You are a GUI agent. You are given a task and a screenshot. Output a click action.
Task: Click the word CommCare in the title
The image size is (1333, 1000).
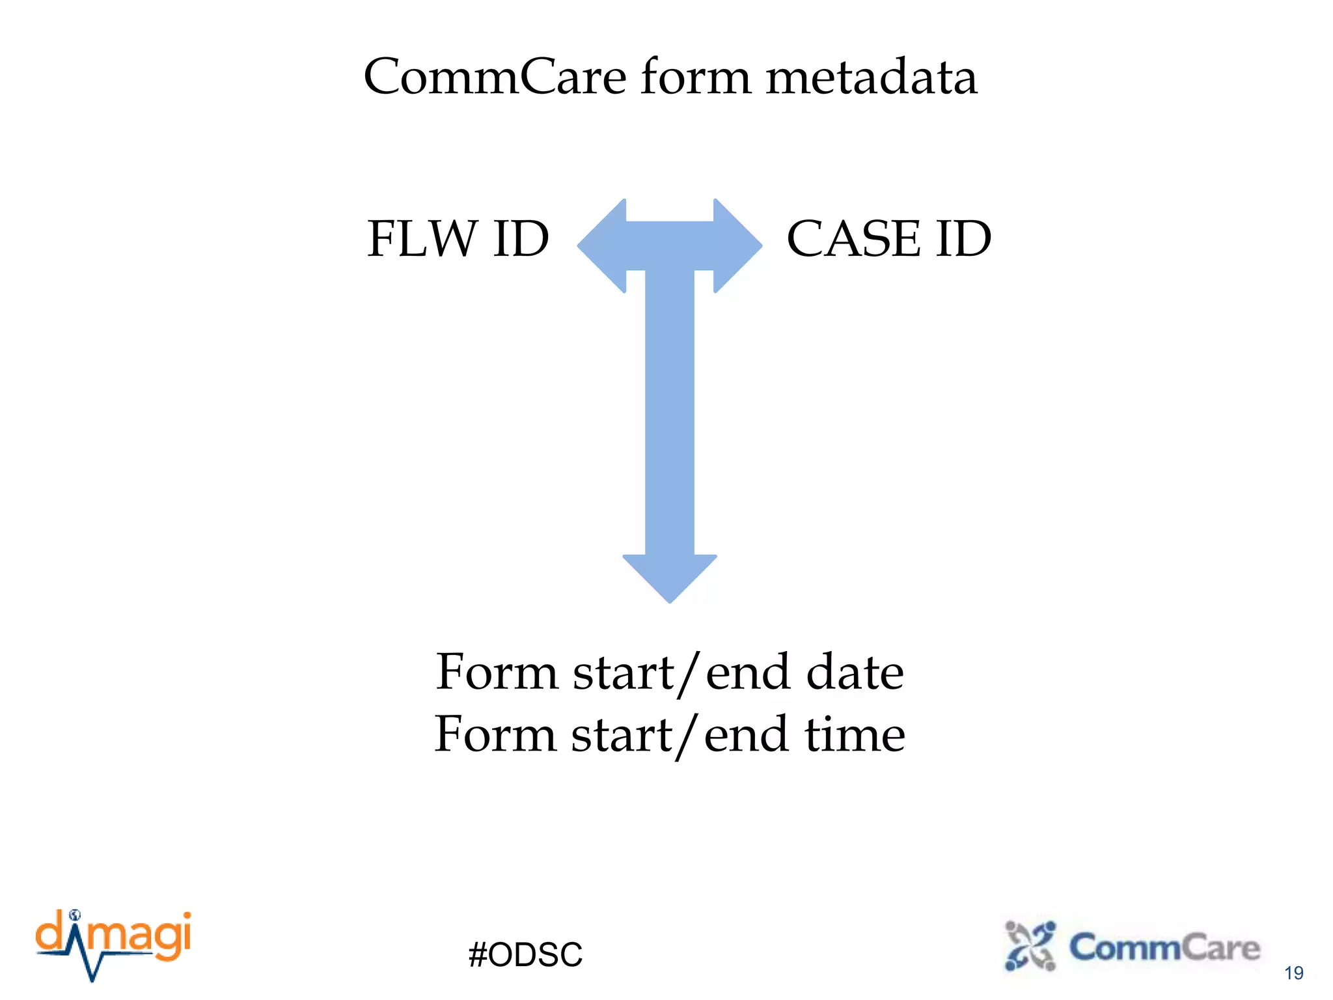(495, 77)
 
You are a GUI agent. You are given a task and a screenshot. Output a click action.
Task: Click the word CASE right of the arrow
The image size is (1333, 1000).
(853, 239)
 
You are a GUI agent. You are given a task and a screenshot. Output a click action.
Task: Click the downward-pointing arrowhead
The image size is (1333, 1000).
(669, 576)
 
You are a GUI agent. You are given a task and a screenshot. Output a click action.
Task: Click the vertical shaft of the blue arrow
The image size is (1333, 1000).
(669, 417)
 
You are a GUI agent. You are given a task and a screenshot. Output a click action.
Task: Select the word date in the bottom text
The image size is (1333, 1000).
(854, 672)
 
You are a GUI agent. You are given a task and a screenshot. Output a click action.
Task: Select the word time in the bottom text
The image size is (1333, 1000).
(854, 734)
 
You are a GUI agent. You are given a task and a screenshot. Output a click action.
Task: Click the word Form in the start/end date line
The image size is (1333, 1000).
(496, 672)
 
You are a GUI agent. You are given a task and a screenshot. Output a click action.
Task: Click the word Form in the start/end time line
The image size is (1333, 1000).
(495, 734)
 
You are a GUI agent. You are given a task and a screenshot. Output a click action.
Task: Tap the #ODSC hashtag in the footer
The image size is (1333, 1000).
(525, 954)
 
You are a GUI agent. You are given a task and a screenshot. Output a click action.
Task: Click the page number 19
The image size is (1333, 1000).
(1293, 973)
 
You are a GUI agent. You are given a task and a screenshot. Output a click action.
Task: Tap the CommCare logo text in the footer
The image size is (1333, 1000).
(1164, 948)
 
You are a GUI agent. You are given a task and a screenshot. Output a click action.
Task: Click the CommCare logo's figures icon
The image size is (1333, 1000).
(1030, 946)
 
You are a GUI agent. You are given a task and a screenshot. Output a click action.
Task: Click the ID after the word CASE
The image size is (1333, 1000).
(963, 239)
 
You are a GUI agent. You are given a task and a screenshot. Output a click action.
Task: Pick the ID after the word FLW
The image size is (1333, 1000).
(521, 239)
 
